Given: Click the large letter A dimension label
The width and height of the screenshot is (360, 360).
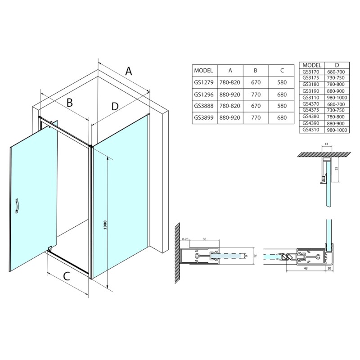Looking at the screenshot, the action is [x=129, y=71].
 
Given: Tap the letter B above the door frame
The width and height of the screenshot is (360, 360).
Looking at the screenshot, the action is [x=70, y=103].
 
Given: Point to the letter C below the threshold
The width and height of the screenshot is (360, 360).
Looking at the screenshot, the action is [x=67, y=276].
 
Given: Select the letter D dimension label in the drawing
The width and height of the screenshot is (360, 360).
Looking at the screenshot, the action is [x=115, y=106].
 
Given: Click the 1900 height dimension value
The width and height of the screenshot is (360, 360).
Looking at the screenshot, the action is [x=105, y=225].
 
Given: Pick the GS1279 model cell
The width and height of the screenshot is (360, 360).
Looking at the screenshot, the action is [x=204, y=82].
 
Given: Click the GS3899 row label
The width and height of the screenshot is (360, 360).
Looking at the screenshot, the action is [x=204, y=117].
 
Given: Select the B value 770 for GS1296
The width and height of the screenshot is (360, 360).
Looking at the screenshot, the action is [x=256, y=94].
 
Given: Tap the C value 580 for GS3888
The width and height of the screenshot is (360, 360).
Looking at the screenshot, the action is [x=282, y=106].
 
